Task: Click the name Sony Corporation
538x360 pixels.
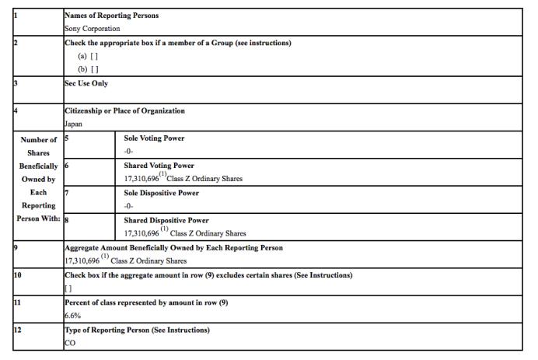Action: coord(93,28)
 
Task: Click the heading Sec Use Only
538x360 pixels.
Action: coord(86,83)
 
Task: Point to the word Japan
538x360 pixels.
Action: coord(74,124)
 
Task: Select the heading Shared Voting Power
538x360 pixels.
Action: coord(159,166)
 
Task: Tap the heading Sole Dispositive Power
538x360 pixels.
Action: coord(162,193)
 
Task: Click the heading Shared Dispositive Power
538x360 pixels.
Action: coord(166,220)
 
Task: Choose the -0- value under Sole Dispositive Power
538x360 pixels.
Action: coord(131,206)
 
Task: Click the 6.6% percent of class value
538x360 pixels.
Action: coord(72,316)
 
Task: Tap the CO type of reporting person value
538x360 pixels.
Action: coord(70,343)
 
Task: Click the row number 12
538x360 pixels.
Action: coord(7,330)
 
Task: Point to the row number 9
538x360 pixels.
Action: coord(5,248)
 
